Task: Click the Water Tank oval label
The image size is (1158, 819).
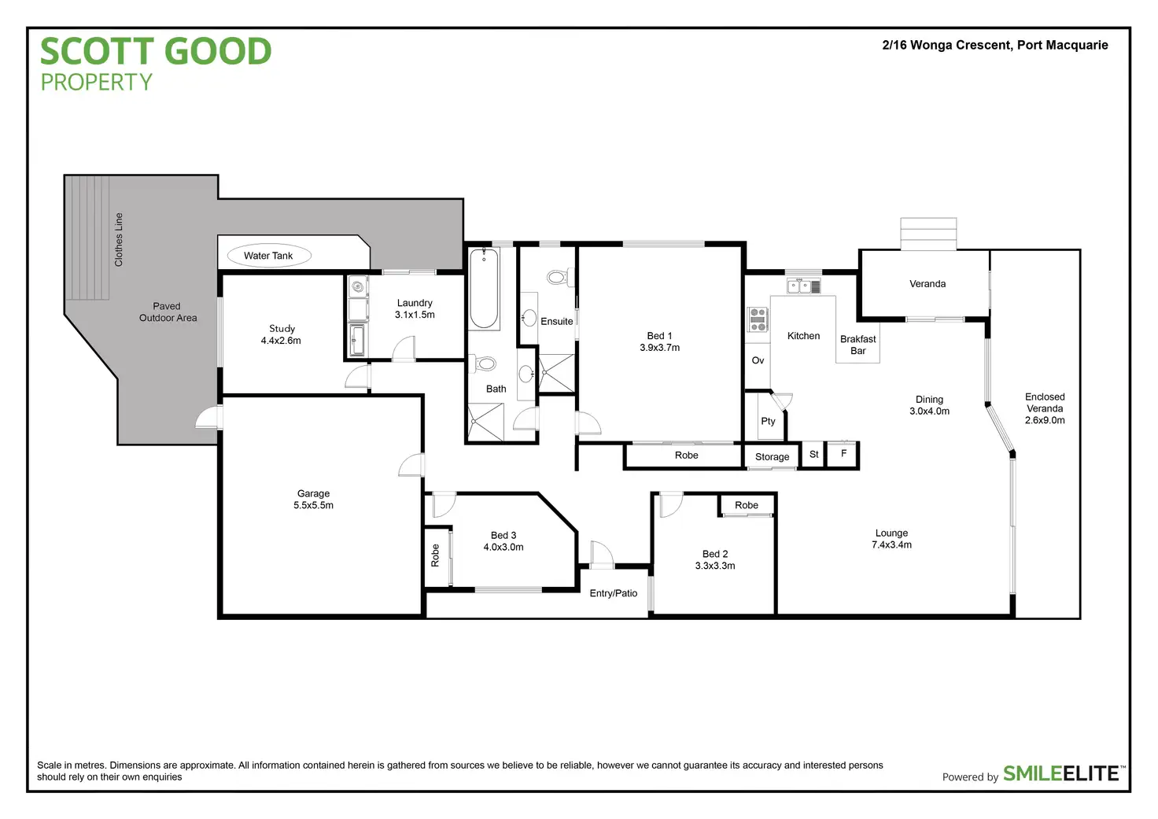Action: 268,256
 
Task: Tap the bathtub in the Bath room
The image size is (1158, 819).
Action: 484,289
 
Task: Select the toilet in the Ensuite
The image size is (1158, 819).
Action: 558,277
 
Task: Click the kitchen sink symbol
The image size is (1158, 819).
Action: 803,286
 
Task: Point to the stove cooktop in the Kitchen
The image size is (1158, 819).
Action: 758,319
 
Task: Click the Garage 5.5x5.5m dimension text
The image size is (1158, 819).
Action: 313,505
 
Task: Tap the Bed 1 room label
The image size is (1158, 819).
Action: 659,336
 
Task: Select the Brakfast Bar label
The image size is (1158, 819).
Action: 857,345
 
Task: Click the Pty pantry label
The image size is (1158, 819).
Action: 768,421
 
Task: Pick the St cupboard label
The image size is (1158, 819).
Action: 814,455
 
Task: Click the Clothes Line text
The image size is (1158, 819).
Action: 119,239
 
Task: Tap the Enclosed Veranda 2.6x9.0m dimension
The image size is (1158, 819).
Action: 1045,420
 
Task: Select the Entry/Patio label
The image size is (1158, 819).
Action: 614,593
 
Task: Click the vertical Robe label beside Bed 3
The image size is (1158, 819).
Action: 435,556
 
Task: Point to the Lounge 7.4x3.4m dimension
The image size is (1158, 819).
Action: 891,544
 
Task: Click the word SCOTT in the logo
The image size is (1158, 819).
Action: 97,52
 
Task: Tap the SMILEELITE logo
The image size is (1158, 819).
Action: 1061,773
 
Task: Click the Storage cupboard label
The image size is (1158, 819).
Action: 772,457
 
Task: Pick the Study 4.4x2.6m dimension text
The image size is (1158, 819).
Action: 281,341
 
